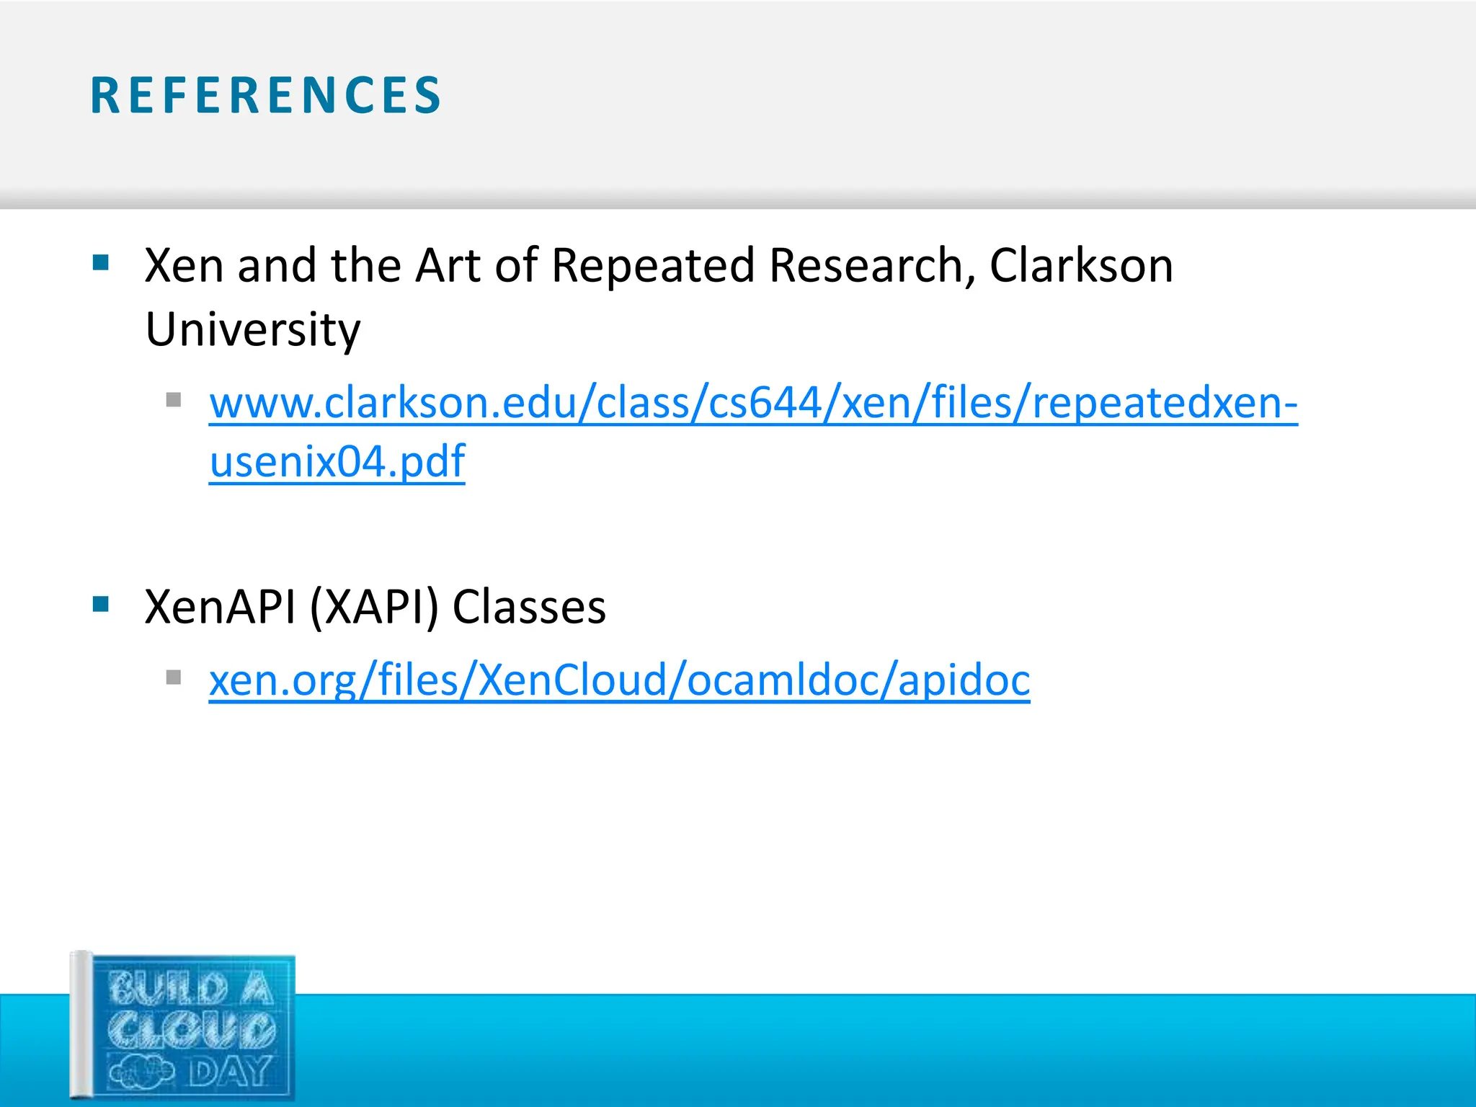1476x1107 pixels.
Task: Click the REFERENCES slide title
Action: point(265,96)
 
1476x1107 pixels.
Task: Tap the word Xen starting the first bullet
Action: point(184,265)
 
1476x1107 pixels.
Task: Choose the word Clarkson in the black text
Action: point(1081,265)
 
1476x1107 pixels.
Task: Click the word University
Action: point(252,330)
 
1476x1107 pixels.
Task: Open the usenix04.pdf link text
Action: point(337,461)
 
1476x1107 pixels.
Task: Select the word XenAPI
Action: point(220,607)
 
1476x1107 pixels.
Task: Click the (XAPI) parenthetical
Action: point(373,607)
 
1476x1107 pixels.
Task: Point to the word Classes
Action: point(529,607)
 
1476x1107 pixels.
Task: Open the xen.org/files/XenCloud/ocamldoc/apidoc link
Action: point(619,680)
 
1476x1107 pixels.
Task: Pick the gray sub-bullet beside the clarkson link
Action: point(173,399)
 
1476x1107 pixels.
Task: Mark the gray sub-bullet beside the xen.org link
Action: point(173,677)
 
